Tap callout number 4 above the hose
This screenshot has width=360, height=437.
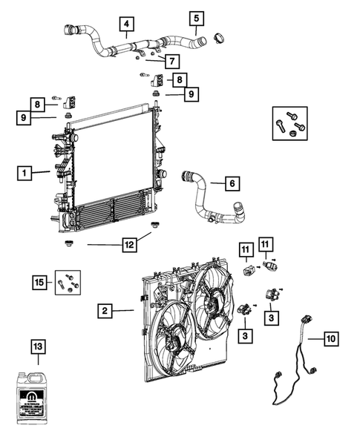tap(127, 26)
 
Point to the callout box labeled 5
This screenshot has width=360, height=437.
tap(196, 18)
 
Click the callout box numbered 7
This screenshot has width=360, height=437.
tap(170, 60)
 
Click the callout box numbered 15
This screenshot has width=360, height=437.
tap(40, 282)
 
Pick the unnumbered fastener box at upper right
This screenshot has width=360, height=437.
tap(289, 123)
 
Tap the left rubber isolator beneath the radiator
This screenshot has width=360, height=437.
tap(68, 243)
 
